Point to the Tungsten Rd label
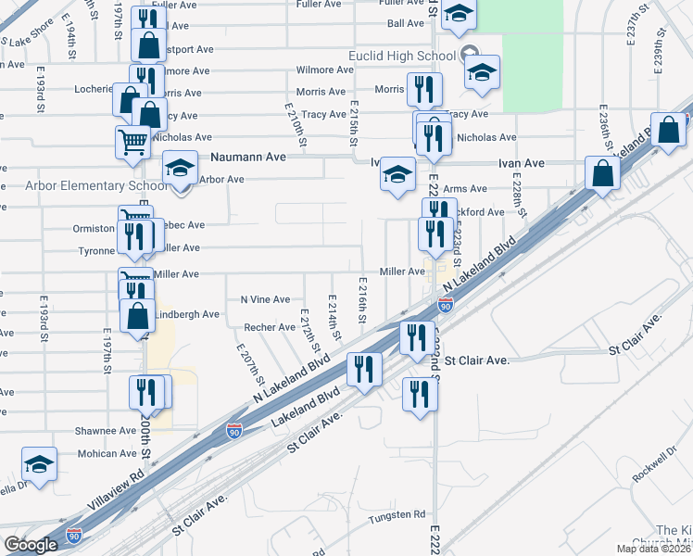[397, 514]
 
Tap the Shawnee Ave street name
[107, 431]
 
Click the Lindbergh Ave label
[186, 314]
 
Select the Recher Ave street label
[269, 327]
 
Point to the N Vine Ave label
[265, 299]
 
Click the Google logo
[31, 544]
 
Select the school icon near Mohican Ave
[40, 463]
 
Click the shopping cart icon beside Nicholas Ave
[132, 142]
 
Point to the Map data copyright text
[652, 549]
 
